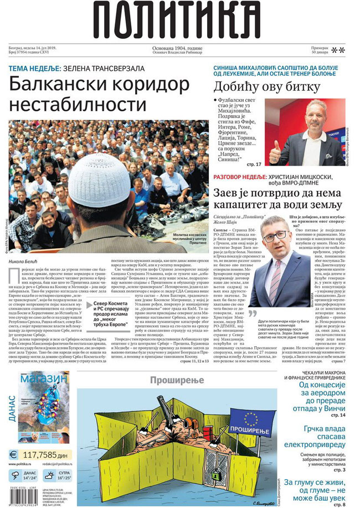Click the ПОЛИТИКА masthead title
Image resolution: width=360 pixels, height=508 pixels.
click(179, 22)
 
